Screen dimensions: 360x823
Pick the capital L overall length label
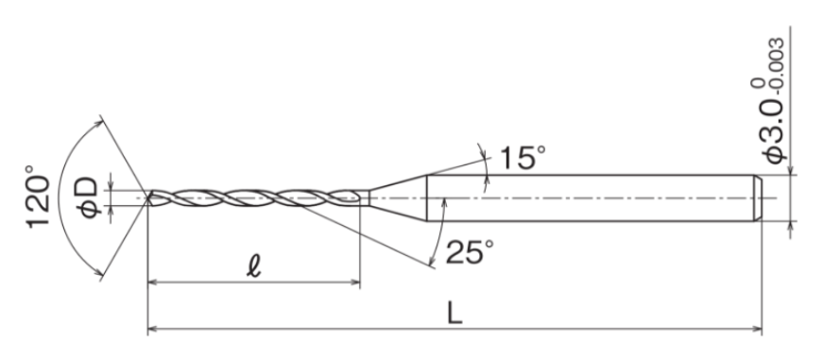click(454, 314)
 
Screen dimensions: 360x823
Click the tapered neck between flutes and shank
click(397, 197)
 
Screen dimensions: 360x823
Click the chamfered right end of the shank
click(758, 197)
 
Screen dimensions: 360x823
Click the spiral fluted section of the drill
click(255, 197)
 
